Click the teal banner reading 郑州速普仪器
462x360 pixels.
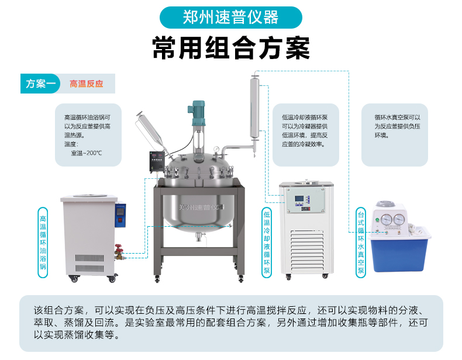(x=230, y=18)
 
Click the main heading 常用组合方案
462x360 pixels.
(x=231, y=48)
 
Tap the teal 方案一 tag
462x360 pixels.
(x=40, y=84)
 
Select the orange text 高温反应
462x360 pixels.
(x=87, y=84)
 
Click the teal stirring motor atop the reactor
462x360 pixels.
(x=196, y=113)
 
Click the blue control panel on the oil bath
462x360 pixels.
(x=120, y=215)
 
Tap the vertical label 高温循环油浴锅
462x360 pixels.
(x=43, y=243)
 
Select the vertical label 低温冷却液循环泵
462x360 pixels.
(x=267, y=243)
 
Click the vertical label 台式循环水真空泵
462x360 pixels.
(x=361, y=243)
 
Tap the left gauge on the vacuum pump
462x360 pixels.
(x=387, y=219)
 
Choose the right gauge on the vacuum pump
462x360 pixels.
(x=399, y=219)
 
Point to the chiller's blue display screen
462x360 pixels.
(x=299, y=199)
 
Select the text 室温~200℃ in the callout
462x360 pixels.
(x=87, y=153)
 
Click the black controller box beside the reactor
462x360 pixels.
(x=157, y=161)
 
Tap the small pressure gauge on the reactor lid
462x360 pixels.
(x=216, y=149)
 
